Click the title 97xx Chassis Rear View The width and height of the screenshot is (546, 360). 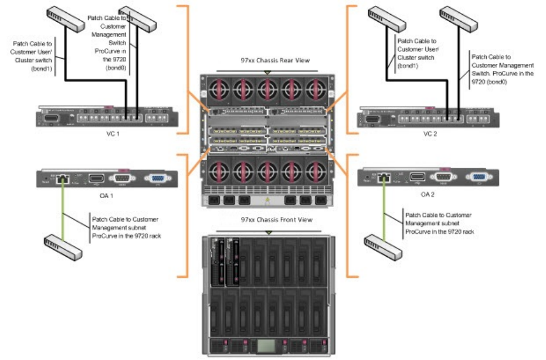point(267,60)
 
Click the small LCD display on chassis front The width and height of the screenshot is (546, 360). point(266,344)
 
